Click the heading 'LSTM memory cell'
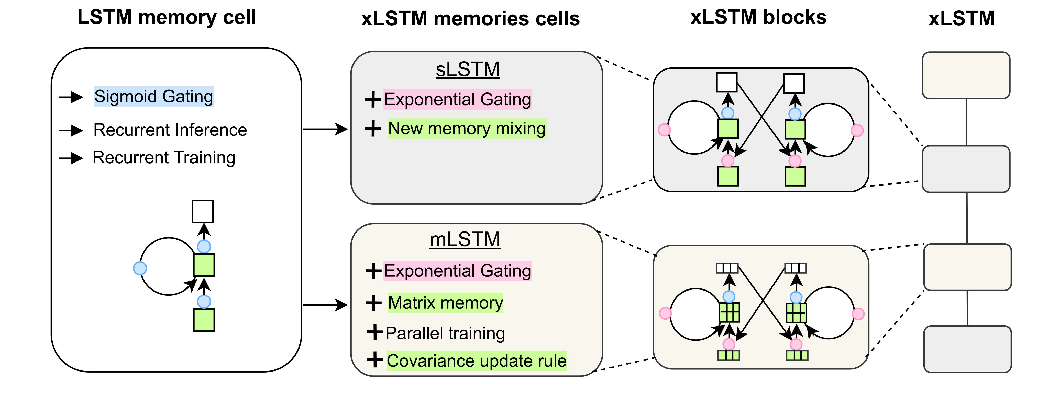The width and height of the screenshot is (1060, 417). [x=167, y=17]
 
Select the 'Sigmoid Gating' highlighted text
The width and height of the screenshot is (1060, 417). [x=153, y=97]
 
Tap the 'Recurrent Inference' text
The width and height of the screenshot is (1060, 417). [x=170, y=130]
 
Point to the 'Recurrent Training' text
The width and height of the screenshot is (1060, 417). [x=164, y=157]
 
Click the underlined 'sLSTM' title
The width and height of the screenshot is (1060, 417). [x=468, y=69]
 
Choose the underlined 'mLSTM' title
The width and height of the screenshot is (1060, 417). [x=465, y=239]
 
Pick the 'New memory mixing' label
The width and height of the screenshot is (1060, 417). [x=467, y=129]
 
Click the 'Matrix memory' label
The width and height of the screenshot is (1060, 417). [x=446, y=303]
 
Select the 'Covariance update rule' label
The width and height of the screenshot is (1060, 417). [x=477, y=361]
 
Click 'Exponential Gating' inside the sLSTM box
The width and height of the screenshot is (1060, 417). [x=458, y=99]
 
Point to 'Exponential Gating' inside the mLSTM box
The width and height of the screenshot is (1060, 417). [x=458, y=271]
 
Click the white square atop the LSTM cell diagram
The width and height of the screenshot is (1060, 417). [x=203, y=211]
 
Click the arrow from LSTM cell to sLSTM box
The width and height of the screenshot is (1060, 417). [x=325, y=129]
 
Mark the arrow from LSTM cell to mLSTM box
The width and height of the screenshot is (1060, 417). [x=325, y=305]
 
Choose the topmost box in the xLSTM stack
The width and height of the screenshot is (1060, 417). [x=966, y=75]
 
